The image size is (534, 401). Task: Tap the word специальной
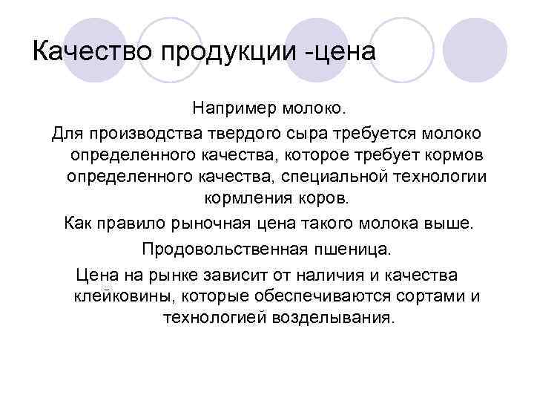point(337,177)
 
